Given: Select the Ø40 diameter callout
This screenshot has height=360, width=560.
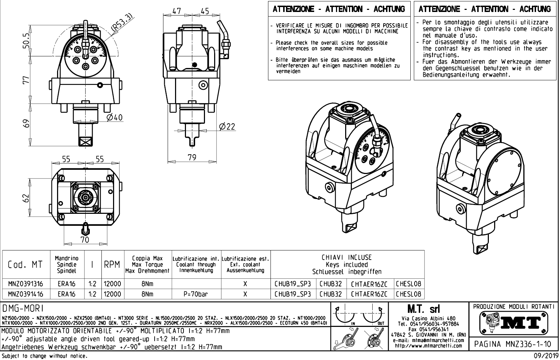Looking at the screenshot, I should point(115,117).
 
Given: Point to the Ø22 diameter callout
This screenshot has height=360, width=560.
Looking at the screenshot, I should point(227,126).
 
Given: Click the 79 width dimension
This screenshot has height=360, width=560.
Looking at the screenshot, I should point(192,157).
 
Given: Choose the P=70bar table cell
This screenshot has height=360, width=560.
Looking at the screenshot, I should point(195,294).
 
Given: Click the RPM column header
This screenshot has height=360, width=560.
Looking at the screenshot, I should point(112,265).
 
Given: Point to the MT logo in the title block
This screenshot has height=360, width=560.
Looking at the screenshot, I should point(514,322).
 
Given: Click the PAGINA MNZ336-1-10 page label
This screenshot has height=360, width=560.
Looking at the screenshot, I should point(513,343).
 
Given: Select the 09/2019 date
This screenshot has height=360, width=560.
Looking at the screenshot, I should point(544,356).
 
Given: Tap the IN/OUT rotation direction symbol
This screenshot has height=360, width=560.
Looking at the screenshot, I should point(359,316).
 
